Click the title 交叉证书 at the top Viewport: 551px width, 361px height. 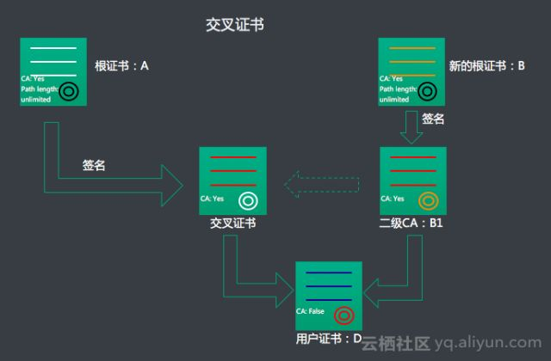coord(234,25)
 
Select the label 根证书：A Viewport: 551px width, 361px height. coord(122,65)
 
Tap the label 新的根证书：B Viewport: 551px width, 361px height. coord(487,65)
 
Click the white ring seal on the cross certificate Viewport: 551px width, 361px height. coord(249,201)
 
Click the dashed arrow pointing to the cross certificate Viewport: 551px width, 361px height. coord(320,181)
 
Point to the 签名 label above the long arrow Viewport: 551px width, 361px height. coord(94,165)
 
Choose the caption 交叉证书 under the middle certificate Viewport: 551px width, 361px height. coord(232,223)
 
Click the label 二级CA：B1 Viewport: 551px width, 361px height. coord(411,223)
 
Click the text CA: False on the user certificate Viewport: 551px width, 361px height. coord(310,311)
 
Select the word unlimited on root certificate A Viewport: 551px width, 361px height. coord(36,100)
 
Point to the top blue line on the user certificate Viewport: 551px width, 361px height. coord(329,274)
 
